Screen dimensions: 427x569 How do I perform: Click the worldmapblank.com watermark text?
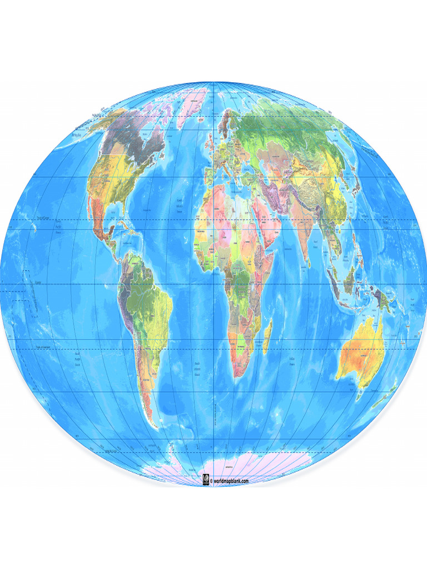pyautogui.click(x=229, y=481)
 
